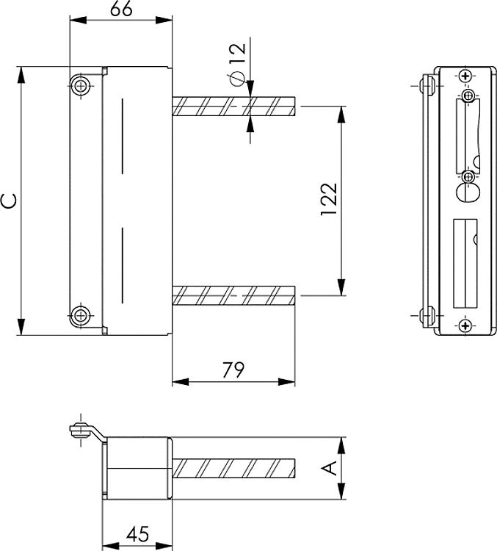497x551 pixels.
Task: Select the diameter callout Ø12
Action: coord(236,65)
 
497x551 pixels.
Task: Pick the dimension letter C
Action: coord(9,201)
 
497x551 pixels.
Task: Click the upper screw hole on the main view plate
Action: coord(80,85)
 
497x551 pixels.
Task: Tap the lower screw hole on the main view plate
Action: coord(80,316)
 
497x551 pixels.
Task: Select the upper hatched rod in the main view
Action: coord(233,107)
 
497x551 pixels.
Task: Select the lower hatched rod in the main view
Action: coord(233,296)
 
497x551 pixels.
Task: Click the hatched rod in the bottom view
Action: coord(233,468)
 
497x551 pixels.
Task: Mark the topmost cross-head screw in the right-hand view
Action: coord(464,76)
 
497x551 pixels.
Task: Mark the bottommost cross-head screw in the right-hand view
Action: coord(464,325)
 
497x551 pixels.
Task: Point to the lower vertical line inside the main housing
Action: coord(122,266)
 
